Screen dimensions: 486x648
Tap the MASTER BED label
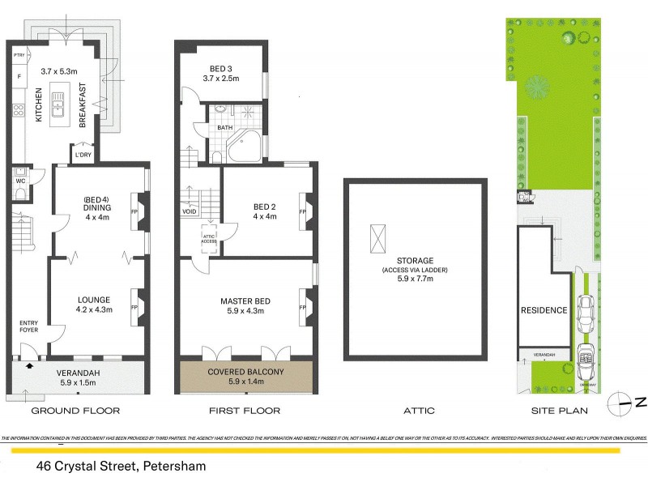tap(245, 301)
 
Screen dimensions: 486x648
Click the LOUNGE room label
tap(94, 299)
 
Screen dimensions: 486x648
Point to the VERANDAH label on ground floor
tap(78, 373)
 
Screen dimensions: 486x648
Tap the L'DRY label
tap(83, 154)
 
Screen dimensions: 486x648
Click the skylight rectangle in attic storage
tap(378, 239)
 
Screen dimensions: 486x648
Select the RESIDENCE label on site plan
tap(544, 310)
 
